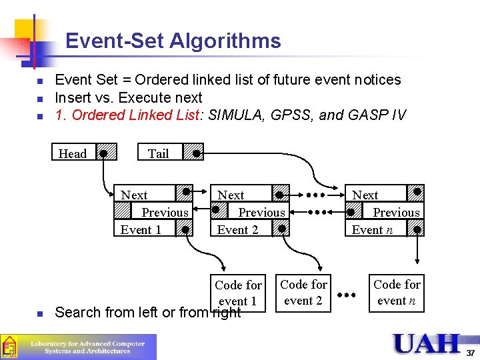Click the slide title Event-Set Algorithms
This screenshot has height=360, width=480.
[173, 41]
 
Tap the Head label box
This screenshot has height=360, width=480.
[73, 153]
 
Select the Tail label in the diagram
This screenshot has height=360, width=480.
[159, 153]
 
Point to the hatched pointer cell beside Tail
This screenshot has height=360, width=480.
[193, 153]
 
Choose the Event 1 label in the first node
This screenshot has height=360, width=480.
[141, 230]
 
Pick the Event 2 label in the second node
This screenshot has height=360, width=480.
[237, 230]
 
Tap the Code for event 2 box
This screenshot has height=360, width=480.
[303, 293]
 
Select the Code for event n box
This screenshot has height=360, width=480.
[397, 293]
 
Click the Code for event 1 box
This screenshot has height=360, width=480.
[238, 293]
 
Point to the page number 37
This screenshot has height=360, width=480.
[471, 353]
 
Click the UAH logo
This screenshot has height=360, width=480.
[426, 344]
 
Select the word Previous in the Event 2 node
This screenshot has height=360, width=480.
[261, 213]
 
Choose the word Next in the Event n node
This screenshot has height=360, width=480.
[365, 195]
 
